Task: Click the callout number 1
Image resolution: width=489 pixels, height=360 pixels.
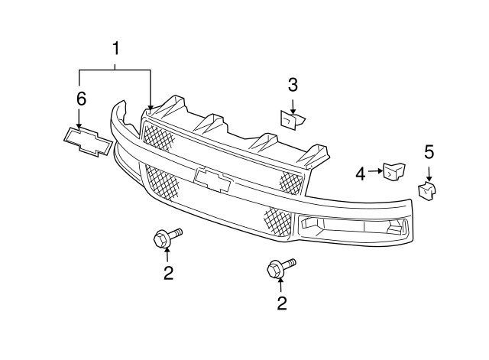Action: pyautogui.click(x=115, y=49)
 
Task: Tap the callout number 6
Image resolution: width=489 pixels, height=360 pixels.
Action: pyautogui.click(x=81, y=99)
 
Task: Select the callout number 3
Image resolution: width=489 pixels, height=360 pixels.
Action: pyautogui.click(x=293, y=85)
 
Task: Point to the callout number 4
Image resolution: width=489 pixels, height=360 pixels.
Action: pyautogui.click(x=361, y=174)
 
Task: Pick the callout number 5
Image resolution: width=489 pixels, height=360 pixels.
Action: pyautogui.click(x=429, y=152)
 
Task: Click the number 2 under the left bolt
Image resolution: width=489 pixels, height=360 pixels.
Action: pyautogui.click(x=168, y=273)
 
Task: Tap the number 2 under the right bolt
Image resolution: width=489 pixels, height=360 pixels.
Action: pyautogui.click(x=282, y=303)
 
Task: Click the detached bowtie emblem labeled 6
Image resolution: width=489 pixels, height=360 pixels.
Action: pyautogui.click(x=88, y=141)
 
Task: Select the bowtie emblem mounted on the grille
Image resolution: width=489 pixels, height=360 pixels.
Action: pyautogui.click(x=212, y=180)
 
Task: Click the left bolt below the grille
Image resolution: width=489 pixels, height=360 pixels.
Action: pyautogui.click(x=167, y=238)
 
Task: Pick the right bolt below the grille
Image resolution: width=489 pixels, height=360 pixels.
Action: pyautogui.click(x=281, y=268)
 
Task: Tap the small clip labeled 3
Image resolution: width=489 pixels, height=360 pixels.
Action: pyautogui.click(x=292, y=120)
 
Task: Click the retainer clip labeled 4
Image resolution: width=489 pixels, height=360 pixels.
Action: pyautogui.click(x=394, y=171)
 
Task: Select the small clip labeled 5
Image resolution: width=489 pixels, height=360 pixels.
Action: pyautogui.click(x=426, y=190)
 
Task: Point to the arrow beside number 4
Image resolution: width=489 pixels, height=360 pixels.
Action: pyautogui.click(x=375, y=171)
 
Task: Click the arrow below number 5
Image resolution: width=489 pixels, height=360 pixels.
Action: pyautogui.click(x=429, y=174)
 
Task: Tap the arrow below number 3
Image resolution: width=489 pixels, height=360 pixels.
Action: pyautogui.click(x=293, y=107)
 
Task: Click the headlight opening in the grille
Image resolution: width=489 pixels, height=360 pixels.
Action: pyautogui.click(x=353, y=226)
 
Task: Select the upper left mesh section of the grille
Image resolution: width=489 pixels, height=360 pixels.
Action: pyautogui.click(x=158, y=136)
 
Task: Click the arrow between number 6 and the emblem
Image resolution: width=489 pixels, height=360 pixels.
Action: pyautogui.click(x=79, y=118)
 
